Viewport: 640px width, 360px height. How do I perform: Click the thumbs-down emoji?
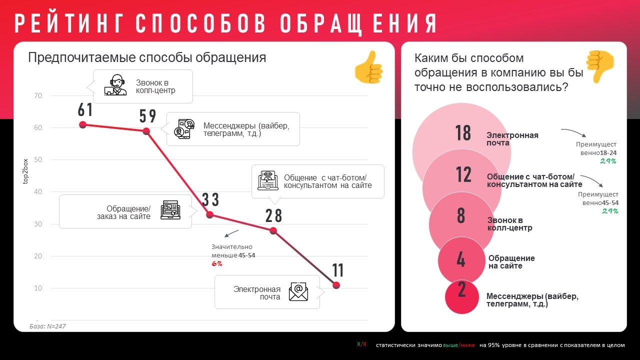[600, 66]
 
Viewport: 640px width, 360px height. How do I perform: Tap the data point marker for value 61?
[83, 124]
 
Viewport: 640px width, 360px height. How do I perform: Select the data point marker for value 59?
[146, 131]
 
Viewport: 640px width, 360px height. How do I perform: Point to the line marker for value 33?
[210, 215]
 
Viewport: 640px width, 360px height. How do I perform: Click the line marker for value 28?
[273, 231]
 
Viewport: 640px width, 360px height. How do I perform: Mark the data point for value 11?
[336, 285]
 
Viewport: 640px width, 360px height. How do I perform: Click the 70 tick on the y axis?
[38, 95]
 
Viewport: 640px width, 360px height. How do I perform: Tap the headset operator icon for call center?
[115, 85]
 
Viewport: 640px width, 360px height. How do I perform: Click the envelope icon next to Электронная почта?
[298, 291]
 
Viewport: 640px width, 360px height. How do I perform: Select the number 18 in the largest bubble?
[463, 133]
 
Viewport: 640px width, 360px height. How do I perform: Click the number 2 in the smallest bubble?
[461, 290]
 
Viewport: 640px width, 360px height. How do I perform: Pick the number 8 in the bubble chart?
[461, 216]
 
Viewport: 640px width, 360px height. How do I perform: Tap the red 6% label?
[217, 263]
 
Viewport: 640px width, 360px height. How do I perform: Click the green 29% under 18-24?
[608, 161]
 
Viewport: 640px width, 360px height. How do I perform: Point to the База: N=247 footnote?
[47, 326]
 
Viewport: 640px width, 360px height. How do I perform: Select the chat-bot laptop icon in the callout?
[268, 180]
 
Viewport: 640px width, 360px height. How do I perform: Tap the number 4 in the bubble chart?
[461, 259]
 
